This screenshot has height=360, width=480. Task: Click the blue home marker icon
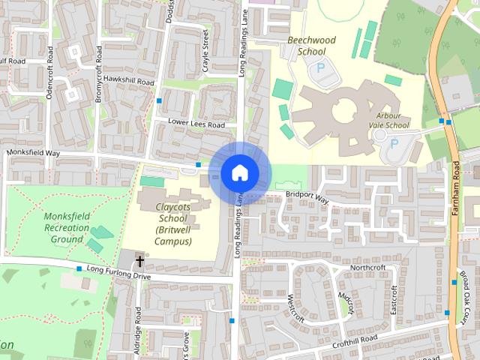point(239,172)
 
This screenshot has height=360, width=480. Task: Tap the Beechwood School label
point(307,46)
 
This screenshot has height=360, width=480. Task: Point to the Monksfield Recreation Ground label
point(67,227)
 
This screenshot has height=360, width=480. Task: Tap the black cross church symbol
point(139,262)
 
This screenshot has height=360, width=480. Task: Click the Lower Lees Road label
point(196,124)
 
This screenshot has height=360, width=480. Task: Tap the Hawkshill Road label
point(129,80)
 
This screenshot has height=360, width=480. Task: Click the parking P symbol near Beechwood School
point(321,68)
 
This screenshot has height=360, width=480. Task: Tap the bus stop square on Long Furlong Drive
point(79,268)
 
